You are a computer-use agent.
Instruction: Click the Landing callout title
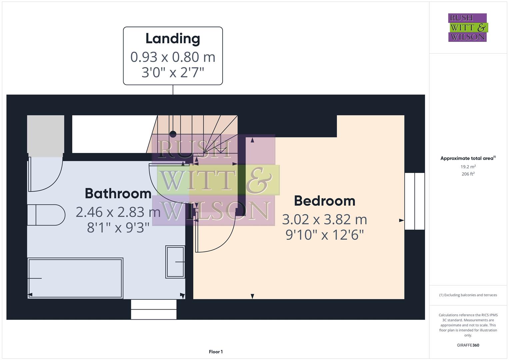pyautogui.click(x=173, y=39)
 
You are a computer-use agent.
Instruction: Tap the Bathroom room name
pyautogui.click(x=118, y=194)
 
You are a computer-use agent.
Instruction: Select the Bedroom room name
pyautogui.click(x=324, y=201)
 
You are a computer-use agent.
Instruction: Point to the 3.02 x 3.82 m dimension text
pyautogui.click(x=324, y=220)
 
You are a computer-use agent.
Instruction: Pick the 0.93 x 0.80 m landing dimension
pyautogui.click(x=173, y=57)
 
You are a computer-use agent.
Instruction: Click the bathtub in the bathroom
pyautogui.click(x=75, y=278)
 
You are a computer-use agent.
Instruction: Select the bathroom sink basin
pyautogui.click(x=175, y=262)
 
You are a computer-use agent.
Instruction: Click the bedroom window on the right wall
pyautogui.click(x=415, y=201)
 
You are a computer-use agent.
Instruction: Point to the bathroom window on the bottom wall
pyautogui.click(x=153, y=309)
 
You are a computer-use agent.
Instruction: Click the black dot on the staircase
pyautogui.click(x=173, y=134)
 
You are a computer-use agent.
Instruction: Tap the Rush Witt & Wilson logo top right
pyautogui.click(x=467, y=28)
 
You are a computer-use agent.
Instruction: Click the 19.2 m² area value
pyautogui.click(x=468, y=167)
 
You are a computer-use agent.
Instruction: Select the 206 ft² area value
pyautogui.click(x=468, y=174)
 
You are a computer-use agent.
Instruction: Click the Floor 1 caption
pyautogui.click(x=216, y=352)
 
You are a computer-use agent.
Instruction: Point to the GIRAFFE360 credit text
pyautogui.click(x=468, y=345)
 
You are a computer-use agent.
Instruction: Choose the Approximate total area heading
pyautogui.click(x=468, y=158)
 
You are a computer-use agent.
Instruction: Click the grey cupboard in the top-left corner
pyautogui.click(x=46, y=134)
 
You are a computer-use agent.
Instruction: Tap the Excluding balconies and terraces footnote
pyautogui.click(x=468, y=295)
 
